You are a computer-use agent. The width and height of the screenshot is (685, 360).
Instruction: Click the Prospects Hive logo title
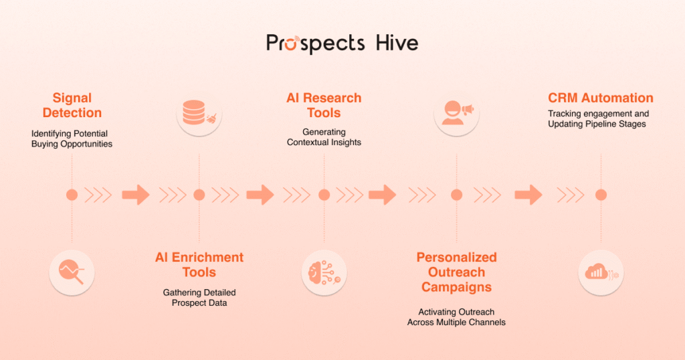click(x=342, y=43)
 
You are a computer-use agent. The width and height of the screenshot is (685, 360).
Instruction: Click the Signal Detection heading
click(x=72, y=106)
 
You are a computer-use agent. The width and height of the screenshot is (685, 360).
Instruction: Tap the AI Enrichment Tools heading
click(x=199, y=265)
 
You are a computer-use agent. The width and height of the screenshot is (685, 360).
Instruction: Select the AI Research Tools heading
click(x=324, y=106)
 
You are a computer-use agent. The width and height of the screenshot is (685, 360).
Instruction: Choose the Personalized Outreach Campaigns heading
click(x=456, y=272)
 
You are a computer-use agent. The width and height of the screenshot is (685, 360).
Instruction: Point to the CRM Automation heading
click(x=601, y=98)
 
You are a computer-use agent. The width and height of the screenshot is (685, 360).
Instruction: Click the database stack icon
click(x=199, y=115)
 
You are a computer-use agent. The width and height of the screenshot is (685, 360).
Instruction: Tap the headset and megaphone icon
click(x=456, y=112)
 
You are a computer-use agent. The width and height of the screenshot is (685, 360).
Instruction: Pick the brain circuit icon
click(x=324, y=272)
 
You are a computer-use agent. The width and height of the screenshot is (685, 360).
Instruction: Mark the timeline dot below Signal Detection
click(x=72, y=195)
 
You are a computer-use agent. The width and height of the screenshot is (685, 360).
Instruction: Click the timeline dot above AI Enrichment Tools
click(x=199, y=195)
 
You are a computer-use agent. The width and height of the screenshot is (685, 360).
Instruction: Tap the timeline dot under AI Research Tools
click(x=324, y=195)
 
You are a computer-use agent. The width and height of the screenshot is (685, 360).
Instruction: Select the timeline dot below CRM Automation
click(x=601, y=195)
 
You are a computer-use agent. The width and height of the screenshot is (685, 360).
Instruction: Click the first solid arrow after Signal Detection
click(x=136, y=195)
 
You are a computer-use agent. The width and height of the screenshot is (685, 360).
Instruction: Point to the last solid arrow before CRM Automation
click(x=528, y=195)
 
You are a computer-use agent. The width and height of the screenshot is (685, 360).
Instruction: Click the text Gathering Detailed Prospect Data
click(x=199, y=298)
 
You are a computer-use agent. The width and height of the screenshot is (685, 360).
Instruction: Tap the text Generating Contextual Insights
click(x=324, y=137)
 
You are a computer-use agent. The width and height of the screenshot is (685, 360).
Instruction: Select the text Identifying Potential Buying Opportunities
click(x=72, y=139)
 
